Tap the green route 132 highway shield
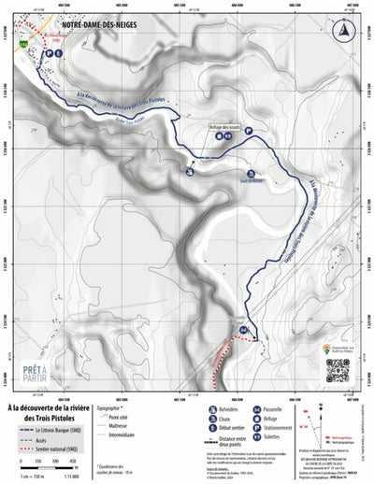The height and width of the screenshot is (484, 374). (x=36, y=44)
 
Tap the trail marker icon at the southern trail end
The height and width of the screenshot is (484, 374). (x=244, y=331)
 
